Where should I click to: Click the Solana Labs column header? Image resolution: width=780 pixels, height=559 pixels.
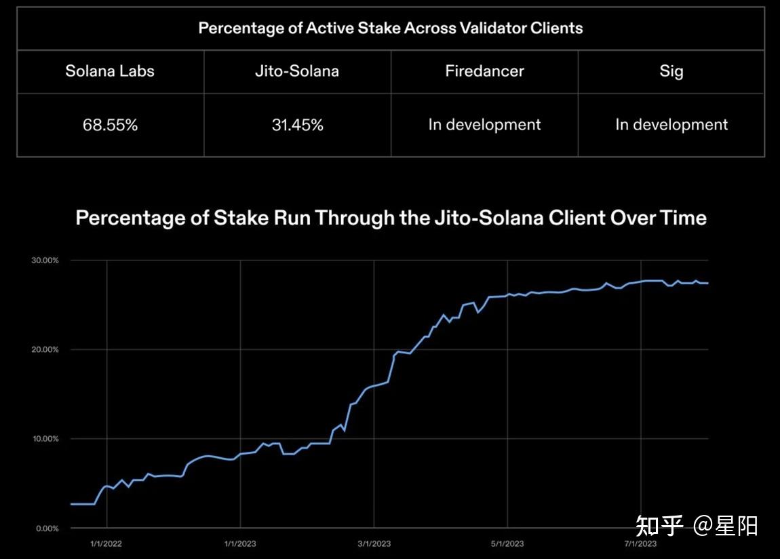click(x=110, y=71)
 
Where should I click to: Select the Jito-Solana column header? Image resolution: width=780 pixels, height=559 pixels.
click(x=297, y=71)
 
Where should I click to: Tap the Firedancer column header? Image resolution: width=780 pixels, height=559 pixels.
click(x=484, y=71)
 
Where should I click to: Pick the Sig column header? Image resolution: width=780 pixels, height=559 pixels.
click(x=671, y=71)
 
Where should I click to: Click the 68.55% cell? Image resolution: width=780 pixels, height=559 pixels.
click(x=110, y=125)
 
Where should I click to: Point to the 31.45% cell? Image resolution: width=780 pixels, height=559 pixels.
click(x=297, y=125)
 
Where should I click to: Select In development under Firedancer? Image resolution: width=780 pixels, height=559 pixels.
click(x=484, y=125)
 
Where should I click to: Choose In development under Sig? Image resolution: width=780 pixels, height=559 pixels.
click(x=671, y=125)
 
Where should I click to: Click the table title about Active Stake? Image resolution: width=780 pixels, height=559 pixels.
click(x=390, y=28)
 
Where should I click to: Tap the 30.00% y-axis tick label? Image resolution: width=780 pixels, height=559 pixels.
click(x=46, y=261)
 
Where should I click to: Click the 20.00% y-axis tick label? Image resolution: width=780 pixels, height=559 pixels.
click(x=46, y=349)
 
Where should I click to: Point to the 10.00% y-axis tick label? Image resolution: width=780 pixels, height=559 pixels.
click(x=46, y=439)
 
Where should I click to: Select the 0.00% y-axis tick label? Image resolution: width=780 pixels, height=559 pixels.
click(x=48, y=528)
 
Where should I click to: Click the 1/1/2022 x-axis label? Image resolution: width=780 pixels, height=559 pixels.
click(x=106, y=543)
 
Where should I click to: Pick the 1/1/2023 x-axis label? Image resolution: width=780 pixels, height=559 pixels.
click(x=240, y=543)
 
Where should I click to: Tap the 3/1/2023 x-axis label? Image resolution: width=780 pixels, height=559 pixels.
click(x=374, y=543)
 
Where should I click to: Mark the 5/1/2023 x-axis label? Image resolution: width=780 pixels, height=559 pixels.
click(x=507, y=543)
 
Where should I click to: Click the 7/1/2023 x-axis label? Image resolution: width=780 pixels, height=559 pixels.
click(x=640, y=543)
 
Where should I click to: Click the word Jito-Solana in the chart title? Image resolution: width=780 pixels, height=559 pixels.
click(x=483, y=218)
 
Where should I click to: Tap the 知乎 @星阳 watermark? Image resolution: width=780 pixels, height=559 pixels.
click(x=697, y=525)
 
